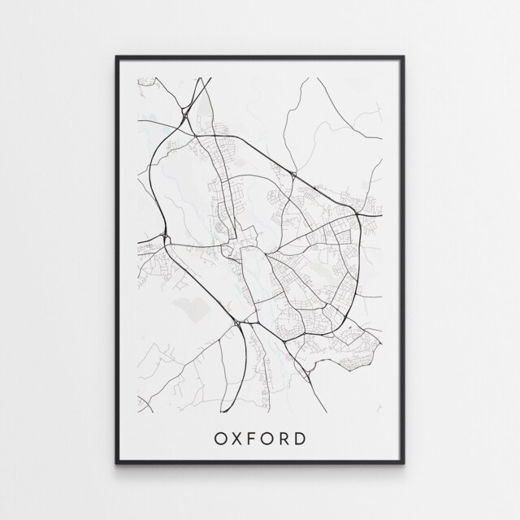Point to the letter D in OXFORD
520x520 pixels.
[301, 440]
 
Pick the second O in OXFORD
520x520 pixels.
[270, 440]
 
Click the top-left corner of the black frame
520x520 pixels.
[116, 56]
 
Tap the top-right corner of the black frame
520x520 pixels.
[404, 56]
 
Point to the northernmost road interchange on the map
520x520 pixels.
[188, 116]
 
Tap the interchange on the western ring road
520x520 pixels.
[167, 237]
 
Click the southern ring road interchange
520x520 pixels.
[236, 324]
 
